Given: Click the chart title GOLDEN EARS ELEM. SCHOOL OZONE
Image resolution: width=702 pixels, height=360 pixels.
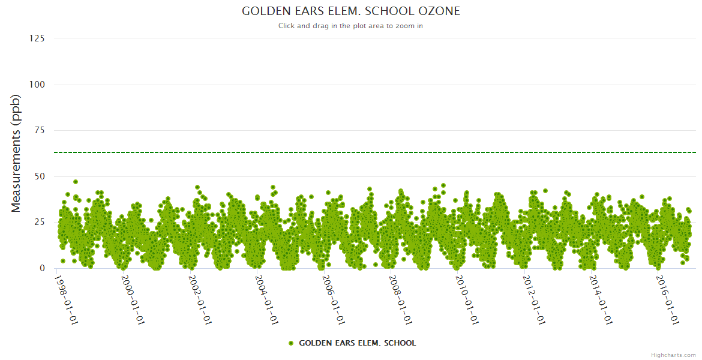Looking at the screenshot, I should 351,11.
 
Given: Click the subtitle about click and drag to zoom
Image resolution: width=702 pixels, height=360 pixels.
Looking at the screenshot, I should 351,26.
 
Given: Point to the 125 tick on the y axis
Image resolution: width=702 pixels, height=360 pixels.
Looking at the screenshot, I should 37,38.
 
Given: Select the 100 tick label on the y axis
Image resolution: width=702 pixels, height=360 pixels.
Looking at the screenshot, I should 37,85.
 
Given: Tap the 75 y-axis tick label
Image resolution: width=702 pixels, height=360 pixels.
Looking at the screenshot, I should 39,130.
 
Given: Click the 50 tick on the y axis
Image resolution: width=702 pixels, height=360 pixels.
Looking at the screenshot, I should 39,176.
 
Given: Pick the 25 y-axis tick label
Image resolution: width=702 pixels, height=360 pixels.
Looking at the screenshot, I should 39,223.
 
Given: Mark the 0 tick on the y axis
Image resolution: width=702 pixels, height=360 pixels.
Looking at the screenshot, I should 41,268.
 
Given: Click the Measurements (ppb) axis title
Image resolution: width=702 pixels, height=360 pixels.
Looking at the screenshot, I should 16,154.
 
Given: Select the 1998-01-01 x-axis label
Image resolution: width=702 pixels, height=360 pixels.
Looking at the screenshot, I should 67,299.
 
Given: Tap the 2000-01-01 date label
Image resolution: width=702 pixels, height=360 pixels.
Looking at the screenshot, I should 134,299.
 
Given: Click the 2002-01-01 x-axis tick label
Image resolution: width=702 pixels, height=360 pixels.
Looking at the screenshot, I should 201,299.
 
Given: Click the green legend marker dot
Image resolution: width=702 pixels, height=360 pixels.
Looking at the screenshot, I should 291,343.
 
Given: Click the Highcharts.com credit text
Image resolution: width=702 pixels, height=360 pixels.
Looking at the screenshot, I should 673,355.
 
